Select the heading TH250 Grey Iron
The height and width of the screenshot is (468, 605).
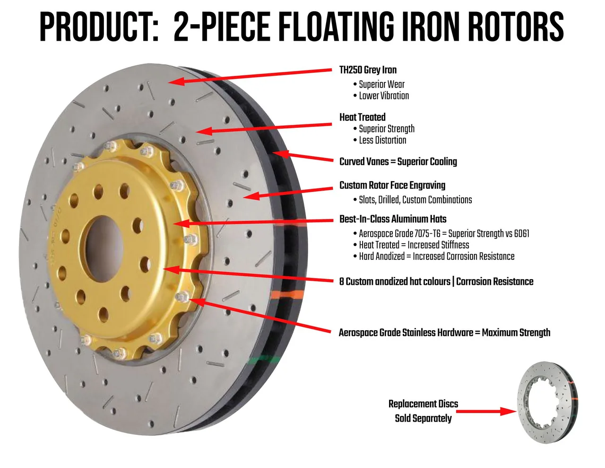click(368, 70)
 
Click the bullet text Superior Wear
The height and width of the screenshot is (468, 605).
click(381, 84)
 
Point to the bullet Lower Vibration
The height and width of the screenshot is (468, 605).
click(384, 96)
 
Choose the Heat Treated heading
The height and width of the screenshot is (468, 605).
click(362, 117)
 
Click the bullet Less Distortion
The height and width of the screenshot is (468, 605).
click(382, 140)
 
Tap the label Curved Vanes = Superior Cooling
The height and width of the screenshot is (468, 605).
click(398, 161)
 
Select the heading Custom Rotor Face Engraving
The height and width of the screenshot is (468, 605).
click(392, 185)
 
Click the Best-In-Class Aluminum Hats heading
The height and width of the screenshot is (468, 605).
click(393, 219)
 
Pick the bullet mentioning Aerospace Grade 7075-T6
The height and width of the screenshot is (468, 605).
click(444, 233)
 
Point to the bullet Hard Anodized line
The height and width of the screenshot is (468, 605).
click(437, 256)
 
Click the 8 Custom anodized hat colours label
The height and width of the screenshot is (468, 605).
click(436, 282)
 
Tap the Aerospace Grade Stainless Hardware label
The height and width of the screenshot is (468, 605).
click(444, 333)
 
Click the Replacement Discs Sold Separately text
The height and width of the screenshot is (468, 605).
click(423, 411)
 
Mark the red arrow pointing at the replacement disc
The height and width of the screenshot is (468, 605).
click(486, 411)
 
